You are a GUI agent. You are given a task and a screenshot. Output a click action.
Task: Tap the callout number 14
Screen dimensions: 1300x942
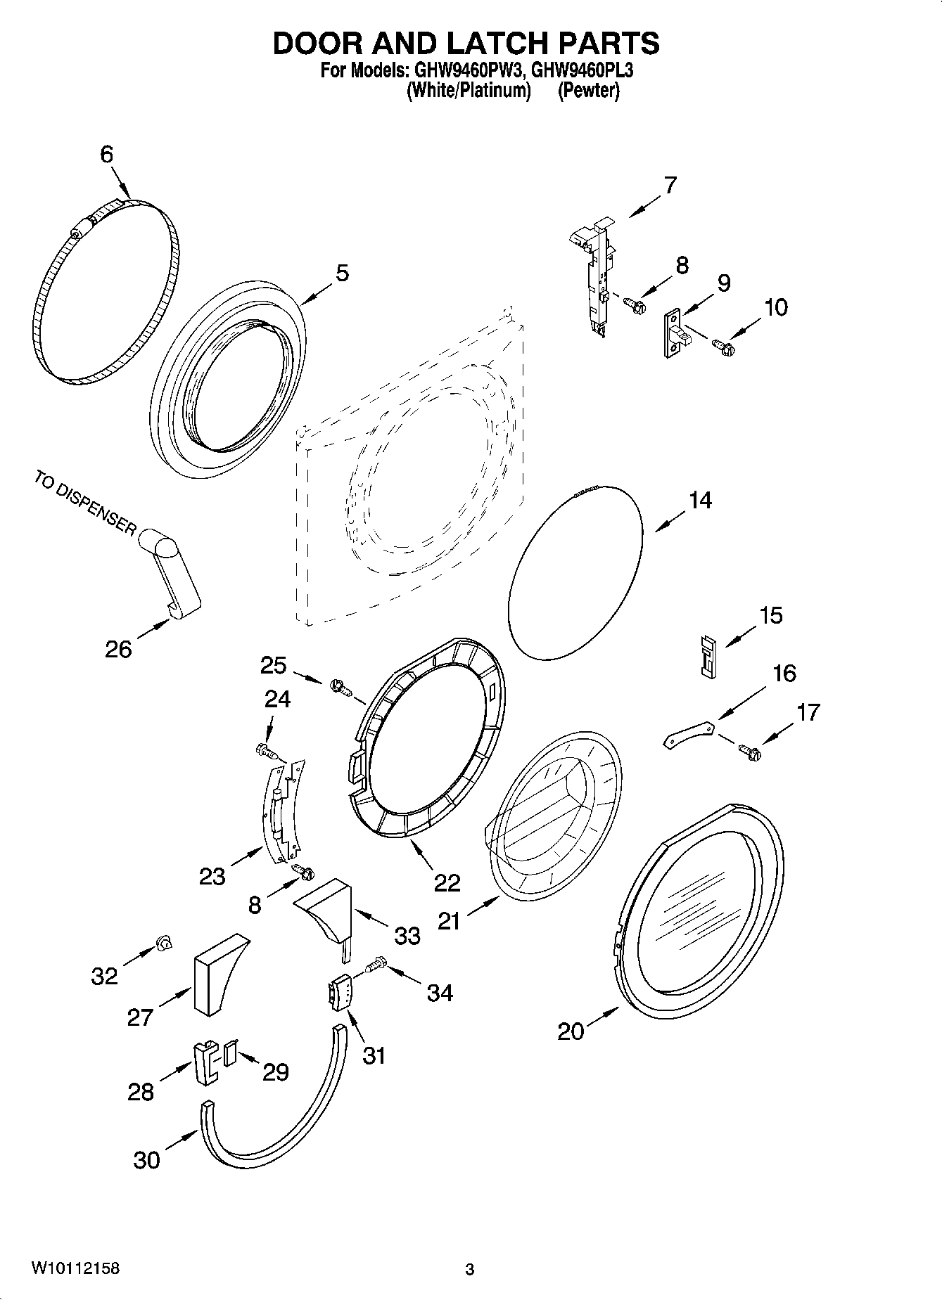[x=700, y=501]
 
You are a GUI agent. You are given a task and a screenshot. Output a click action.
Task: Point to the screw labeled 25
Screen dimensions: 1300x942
[x=339, y=686]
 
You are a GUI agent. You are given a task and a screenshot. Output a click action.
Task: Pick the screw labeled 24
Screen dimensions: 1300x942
[x=267, y=752]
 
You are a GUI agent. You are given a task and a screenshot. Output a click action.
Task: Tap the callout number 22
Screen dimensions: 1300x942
[x=447, y=883]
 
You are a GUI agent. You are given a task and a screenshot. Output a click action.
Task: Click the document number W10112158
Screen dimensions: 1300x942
[x=75, y=1268]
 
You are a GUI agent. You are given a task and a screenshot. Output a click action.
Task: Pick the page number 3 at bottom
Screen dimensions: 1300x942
[x=469, y=1270]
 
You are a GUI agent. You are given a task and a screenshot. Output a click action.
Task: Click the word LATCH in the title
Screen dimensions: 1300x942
[x=492, y=44]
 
